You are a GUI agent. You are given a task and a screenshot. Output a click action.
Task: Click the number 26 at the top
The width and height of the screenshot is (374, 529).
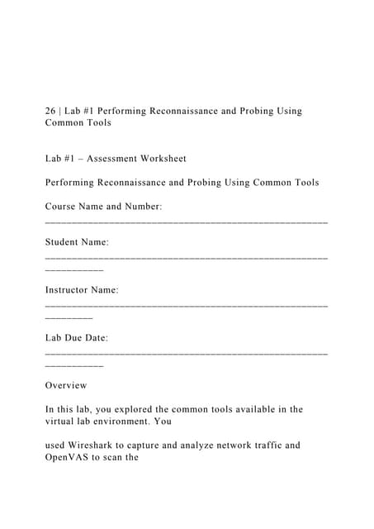pos(51,111)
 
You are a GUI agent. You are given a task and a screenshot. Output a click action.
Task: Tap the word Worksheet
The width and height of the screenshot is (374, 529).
pos(163,158)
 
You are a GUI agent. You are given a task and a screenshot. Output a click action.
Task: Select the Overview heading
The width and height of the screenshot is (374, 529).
pos(66,385)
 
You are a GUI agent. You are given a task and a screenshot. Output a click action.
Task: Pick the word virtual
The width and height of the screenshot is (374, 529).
pos(59,422)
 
